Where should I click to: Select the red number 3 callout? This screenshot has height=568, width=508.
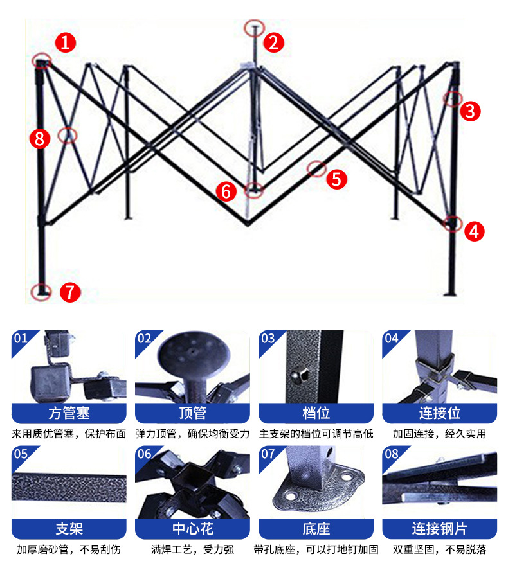pos(471,111)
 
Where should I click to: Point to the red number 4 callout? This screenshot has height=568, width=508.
pos(475,231)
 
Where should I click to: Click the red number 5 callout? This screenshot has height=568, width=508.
pos(336,179)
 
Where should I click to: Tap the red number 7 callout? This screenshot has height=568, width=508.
pos(70,292)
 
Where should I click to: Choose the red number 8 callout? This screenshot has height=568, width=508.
pos(40,138)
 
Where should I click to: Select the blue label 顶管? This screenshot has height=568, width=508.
pos(192,413)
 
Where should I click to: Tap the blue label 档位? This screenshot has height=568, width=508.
pos(316,413)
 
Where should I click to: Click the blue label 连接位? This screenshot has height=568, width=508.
pos(440,413)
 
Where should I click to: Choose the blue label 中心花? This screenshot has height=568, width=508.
pos(192,529)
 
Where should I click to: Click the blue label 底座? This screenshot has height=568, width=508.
pos(316,529)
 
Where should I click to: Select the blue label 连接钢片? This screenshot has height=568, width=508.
pos(440,529)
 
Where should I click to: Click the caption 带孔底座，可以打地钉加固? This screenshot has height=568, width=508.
pos(316,550)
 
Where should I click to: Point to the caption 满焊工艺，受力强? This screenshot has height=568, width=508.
pos(192,550)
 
